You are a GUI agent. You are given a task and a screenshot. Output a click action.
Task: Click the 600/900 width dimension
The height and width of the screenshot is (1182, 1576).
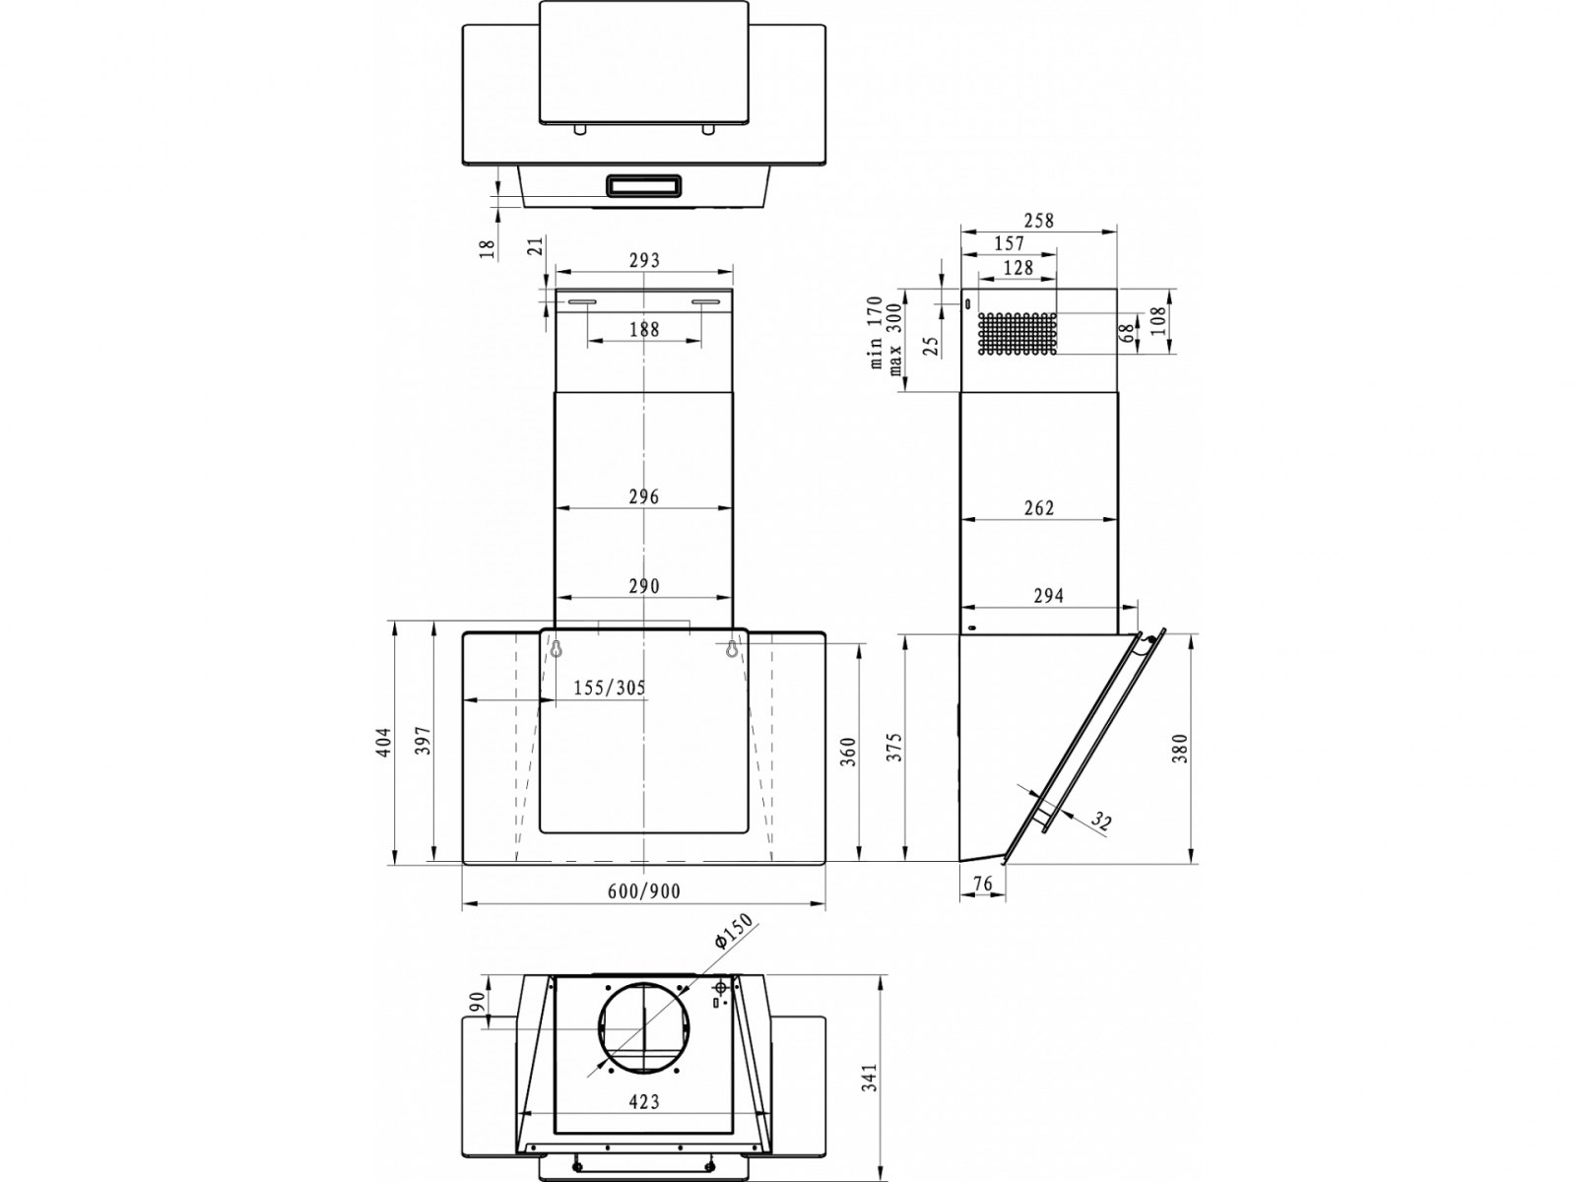pyautogui.click(x=643, y=890)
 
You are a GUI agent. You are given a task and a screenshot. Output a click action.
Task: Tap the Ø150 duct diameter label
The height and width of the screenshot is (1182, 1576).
pyautogui.click(x=733, y=932)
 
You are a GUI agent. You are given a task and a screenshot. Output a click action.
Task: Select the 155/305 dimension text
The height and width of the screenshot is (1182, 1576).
pyautogui.click(x=609, y=688)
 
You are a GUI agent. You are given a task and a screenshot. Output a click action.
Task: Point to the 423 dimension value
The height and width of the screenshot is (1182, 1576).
pyautogui.click(x=643, y=1101)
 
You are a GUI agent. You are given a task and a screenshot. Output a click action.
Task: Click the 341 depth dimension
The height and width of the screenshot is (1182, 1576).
pyautogui.click(x=870, y=1078)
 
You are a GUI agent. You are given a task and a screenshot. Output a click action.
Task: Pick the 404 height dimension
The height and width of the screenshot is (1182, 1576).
pyautogui.click(x=384, y=742)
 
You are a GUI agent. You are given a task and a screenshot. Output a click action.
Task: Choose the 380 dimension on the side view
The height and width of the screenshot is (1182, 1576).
pyautogui.click(x=1180, y=748)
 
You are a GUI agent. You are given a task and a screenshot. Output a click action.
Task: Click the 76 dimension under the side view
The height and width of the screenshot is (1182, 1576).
pyautogui.click(x=982, y=884)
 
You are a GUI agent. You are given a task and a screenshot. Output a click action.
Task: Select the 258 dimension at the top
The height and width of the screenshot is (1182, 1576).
pyautogui.click(x=1038, y=221)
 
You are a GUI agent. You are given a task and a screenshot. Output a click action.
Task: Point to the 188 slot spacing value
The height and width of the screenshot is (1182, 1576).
pyautogui.click(x=644, y=329)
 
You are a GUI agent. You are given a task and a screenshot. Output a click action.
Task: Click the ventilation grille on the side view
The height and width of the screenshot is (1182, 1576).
pyautogui.click(x=1017, y=333)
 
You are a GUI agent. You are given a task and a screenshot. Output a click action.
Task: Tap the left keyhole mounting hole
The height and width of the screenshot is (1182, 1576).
pyautogui.click(x=556, y=647)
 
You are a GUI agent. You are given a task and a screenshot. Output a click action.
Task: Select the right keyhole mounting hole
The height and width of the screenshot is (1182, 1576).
pyautogui.click(x=731, y=647)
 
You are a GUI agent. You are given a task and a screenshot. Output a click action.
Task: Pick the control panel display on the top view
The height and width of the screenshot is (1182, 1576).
pyautogui.click(x=643, y=186)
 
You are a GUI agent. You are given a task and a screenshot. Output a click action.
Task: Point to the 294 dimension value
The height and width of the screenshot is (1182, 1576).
pyautogui.click(x=1048, y=595)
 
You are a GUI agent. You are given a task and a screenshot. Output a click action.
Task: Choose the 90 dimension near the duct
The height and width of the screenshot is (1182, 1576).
pyautogui.click(x=476, y=1001)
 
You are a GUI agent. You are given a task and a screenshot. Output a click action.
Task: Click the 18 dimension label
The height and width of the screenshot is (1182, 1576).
pyautogui.click(x=488, y=248)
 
